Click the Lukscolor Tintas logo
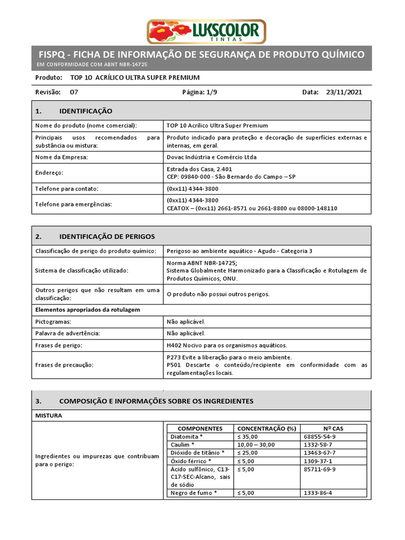click(x=206, y=31)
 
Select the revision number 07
click(x=74, y=92)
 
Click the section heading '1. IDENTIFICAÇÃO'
click(x=74, y=111)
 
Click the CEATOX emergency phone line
click(x=252, y=208)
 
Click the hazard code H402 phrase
click(x=226, y=345)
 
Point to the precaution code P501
click(x=174, y=365)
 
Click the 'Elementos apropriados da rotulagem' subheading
click(x=88, y=310)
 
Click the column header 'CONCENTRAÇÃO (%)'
click(x=267, y=429)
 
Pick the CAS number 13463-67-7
click(x=320, y=453)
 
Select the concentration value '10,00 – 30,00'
click(x=256, y=445)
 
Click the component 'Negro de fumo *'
click(x=194, y=493)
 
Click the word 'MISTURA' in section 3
click(x=49, y=416)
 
